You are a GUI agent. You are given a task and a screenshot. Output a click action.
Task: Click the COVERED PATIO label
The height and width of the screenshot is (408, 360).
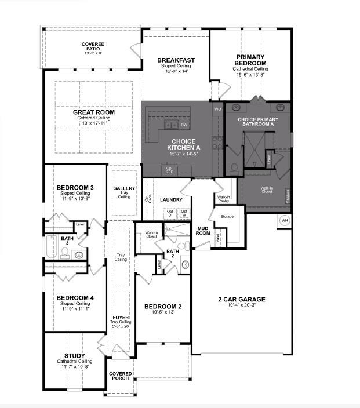point(92,45)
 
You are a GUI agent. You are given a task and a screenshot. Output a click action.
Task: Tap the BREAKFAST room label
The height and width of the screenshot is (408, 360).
point(176,60)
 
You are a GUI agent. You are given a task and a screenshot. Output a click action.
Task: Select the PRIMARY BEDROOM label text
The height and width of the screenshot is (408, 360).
point(250,60)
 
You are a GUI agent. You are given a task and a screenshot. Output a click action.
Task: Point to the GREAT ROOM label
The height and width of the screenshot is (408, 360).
point(93,112)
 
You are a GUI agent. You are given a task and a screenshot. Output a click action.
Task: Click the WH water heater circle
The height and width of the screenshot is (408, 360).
point(285,221)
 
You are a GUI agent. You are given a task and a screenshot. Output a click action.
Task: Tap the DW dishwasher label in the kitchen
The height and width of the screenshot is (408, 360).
point(184,125)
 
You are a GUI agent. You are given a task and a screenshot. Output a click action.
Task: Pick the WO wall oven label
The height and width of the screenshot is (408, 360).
point(217,109)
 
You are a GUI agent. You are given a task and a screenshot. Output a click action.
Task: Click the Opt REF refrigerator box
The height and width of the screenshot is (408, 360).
point(169,170)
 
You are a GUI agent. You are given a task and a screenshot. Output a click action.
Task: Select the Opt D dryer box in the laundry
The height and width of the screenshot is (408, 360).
point(170,213)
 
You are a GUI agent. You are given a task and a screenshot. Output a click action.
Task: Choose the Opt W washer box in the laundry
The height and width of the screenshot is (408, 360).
point(184,213)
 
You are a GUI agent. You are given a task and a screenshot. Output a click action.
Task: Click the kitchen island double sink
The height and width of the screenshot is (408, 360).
point(171,125)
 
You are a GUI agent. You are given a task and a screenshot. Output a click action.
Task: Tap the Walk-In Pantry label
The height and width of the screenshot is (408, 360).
point(224,199)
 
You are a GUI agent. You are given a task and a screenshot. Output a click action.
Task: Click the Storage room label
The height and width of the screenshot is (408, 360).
point(227,217)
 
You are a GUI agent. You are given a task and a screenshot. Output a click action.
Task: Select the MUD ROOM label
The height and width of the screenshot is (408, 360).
point(202,231)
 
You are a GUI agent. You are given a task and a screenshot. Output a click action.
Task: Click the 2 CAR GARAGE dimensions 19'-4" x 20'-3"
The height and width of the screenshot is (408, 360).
point(241,306)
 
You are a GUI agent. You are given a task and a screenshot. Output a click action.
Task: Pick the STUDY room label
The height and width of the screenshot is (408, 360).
point(75,356)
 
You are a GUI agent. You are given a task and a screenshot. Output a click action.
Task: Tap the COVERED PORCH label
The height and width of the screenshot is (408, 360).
point(121,376)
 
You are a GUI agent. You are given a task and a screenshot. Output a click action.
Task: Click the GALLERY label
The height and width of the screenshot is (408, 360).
point(124,188)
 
